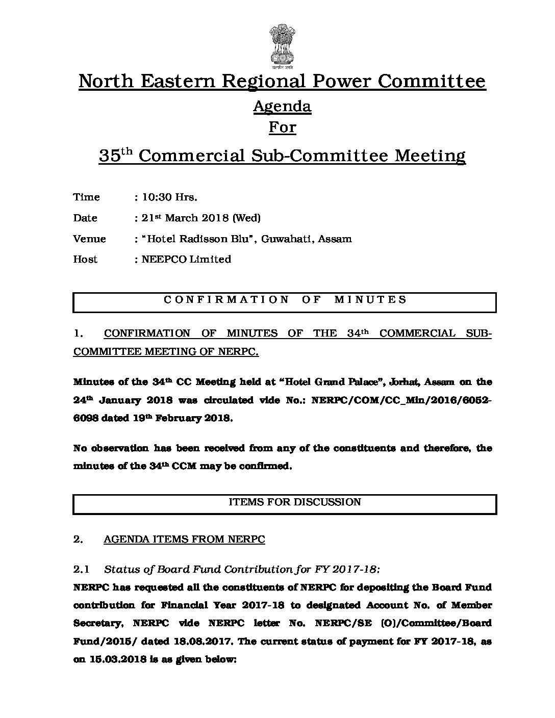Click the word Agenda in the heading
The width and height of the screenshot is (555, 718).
coord(282,106)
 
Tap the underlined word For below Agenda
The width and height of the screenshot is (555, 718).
coord(282,126)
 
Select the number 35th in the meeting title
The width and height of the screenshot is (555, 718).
coord(115,155)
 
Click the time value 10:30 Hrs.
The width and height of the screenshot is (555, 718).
coord(169,197)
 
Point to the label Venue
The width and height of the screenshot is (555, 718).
coord(89,239)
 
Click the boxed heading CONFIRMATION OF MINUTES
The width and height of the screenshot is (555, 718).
coord(285,300)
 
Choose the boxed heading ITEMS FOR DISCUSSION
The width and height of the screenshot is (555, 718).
coord(294,502)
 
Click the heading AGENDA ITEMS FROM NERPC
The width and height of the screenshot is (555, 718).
coord(184,540)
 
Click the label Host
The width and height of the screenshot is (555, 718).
coord(85,259)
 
